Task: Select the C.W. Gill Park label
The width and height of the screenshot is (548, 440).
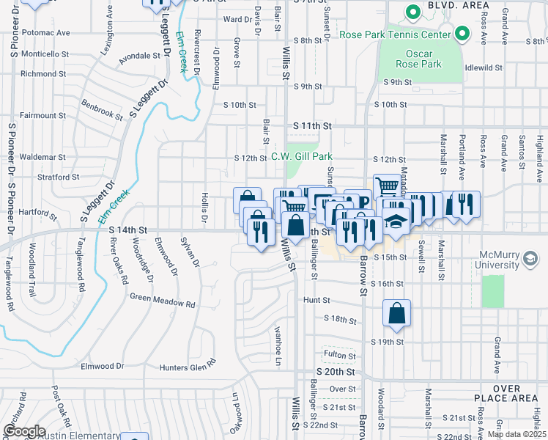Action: tap(302, 155)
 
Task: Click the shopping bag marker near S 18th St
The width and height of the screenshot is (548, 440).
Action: tap(396, 313)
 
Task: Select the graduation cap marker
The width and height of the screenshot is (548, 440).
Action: tap(396, 221)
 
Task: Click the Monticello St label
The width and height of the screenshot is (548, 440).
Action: tap(45, 54)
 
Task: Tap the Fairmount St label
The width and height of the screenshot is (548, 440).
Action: tap(42, 115)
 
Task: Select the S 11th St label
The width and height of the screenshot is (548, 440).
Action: tap(312, 126)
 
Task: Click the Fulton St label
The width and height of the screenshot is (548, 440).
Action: tap(340, 356)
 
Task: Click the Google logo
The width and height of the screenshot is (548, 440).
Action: tap(24, 431)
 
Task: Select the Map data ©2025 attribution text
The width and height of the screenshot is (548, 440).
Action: tap(516, 434)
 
